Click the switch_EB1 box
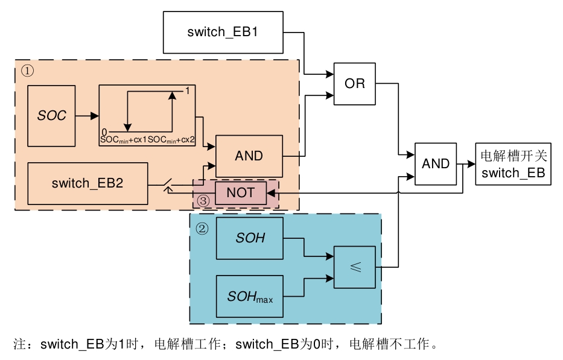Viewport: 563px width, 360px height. [x=223, y=32]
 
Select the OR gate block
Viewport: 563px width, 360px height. [x=354, y=84]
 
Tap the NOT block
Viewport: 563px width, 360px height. [x=240, y=192]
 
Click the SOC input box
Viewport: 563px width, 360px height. [x=51, y=115]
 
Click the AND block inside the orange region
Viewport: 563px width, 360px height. [x=249, y=156]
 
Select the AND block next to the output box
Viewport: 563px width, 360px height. [x=435, y=163]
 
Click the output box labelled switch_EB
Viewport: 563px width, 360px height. [x=513, y=164]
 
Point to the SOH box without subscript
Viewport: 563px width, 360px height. [x=250, y=238]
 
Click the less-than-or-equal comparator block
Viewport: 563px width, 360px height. [x=355, y=267]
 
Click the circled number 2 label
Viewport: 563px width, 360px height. [x=202, y=229]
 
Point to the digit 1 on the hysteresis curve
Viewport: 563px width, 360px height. [x=188, y=90]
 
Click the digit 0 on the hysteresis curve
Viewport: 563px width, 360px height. [x=104, y=132]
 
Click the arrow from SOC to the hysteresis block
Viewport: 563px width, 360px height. [x=87, y=115]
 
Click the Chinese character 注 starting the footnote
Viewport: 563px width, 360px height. [x=19, y=345]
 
